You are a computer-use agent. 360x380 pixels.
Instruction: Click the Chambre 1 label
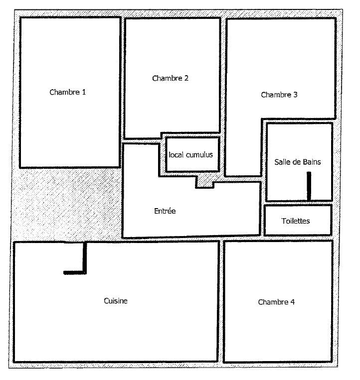tap(68, 92)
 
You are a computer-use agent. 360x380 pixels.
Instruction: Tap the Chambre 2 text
tap(171, 78)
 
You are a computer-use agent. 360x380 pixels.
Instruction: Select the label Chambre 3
tap(279, 95)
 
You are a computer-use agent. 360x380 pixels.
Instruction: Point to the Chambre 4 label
tap(276, 302)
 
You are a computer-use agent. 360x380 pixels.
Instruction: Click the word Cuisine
tap(116, 301)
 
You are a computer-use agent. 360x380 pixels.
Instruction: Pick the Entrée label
tap(165, 211)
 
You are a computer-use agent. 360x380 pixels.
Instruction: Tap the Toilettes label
tap(296, 221)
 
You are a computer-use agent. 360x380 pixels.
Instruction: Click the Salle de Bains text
tap(298, 162)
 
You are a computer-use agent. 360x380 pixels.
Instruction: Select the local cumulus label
tap(191, 155)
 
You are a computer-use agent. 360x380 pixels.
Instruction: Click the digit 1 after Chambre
tap(84, 92)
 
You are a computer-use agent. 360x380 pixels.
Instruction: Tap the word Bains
tap(313, 162)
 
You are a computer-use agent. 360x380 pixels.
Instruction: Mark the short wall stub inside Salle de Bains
tap(309, 186)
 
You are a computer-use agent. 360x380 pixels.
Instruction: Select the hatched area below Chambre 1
tap(67, 204)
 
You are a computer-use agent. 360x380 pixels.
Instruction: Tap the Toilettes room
tap(298, 220)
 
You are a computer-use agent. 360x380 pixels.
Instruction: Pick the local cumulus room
tap(192, 154)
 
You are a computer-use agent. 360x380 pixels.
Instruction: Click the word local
tap(176, 155)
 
